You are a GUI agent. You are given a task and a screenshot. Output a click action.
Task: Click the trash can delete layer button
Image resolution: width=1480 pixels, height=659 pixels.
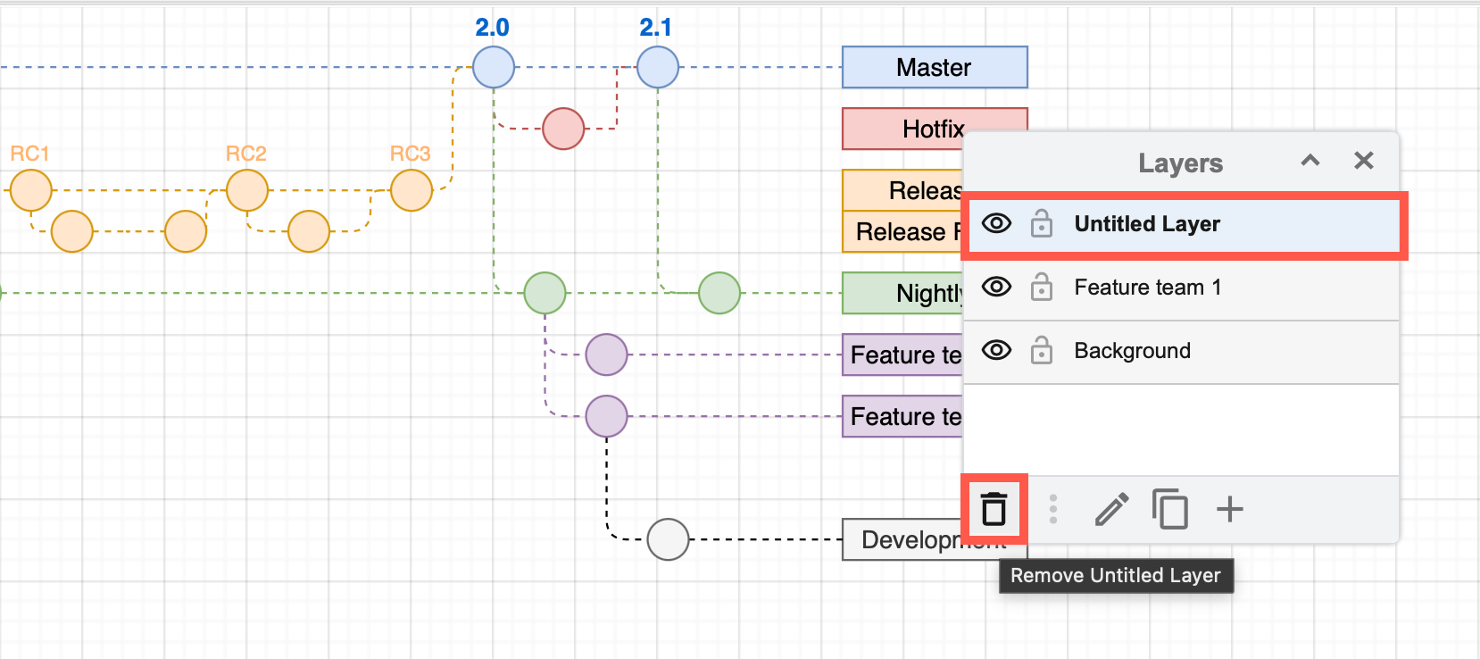[x=994, y=509]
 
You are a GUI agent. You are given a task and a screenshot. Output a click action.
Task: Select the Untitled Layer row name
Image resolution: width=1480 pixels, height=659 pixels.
[x=1146, y=224]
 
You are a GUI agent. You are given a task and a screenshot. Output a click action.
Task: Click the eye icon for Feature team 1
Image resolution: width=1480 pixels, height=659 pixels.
[x=996, y=287]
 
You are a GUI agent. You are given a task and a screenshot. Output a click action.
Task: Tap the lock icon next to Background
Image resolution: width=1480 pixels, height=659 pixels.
[x=1041, y=351]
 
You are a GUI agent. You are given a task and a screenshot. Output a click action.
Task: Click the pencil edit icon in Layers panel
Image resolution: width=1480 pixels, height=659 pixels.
[x=1111, y=510]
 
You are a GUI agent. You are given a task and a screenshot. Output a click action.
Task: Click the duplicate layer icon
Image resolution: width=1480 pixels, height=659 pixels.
[x=1169, y=509]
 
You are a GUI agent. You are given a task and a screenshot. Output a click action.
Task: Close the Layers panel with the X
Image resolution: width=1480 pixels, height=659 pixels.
[x=1363, y=161]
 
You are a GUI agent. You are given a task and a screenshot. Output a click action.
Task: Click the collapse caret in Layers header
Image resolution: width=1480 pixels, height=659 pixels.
[x=1310, y=161]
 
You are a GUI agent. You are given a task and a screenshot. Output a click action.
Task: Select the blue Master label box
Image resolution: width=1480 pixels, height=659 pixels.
[x=934, y=68]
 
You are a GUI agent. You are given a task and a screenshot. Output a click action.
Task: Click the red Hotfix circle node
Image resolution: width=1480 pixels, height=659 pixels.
[x=563, y=129]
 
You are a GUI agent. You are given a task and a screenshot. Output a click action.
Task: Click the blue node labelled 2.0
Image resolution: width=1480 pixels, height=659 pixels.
[x=494, y=67]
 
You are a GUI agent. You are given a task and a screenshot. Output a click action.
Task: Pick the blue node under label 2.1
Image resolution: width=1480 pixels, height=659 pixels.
[x=658, y=67]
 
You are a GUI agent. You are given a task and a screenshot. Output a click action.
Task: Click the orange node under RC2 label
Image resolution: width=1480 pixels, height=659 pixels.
[x=247, y=190]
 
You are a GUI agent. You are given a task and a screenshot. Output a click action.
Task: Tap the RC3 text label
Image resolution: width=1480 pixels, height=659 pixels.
[x=410, y=154]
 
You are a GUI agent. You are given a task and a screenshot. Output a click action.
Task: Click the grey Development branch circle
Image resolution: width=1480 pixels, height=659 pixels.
[x=668, y=539]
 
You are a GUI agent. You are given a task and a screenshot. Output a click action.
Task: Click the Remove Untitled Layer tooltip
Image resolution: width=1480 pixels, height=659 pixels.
[x=1115, y=576]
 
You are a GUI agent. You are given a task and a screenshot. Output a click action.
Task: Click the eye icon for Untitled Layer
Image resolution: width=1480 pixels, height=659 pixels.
[x=996, y=223]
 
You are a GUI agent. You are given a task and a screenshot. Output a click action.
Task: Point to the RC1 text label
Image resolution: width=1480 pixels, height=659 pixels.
[x=29, y=154]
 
